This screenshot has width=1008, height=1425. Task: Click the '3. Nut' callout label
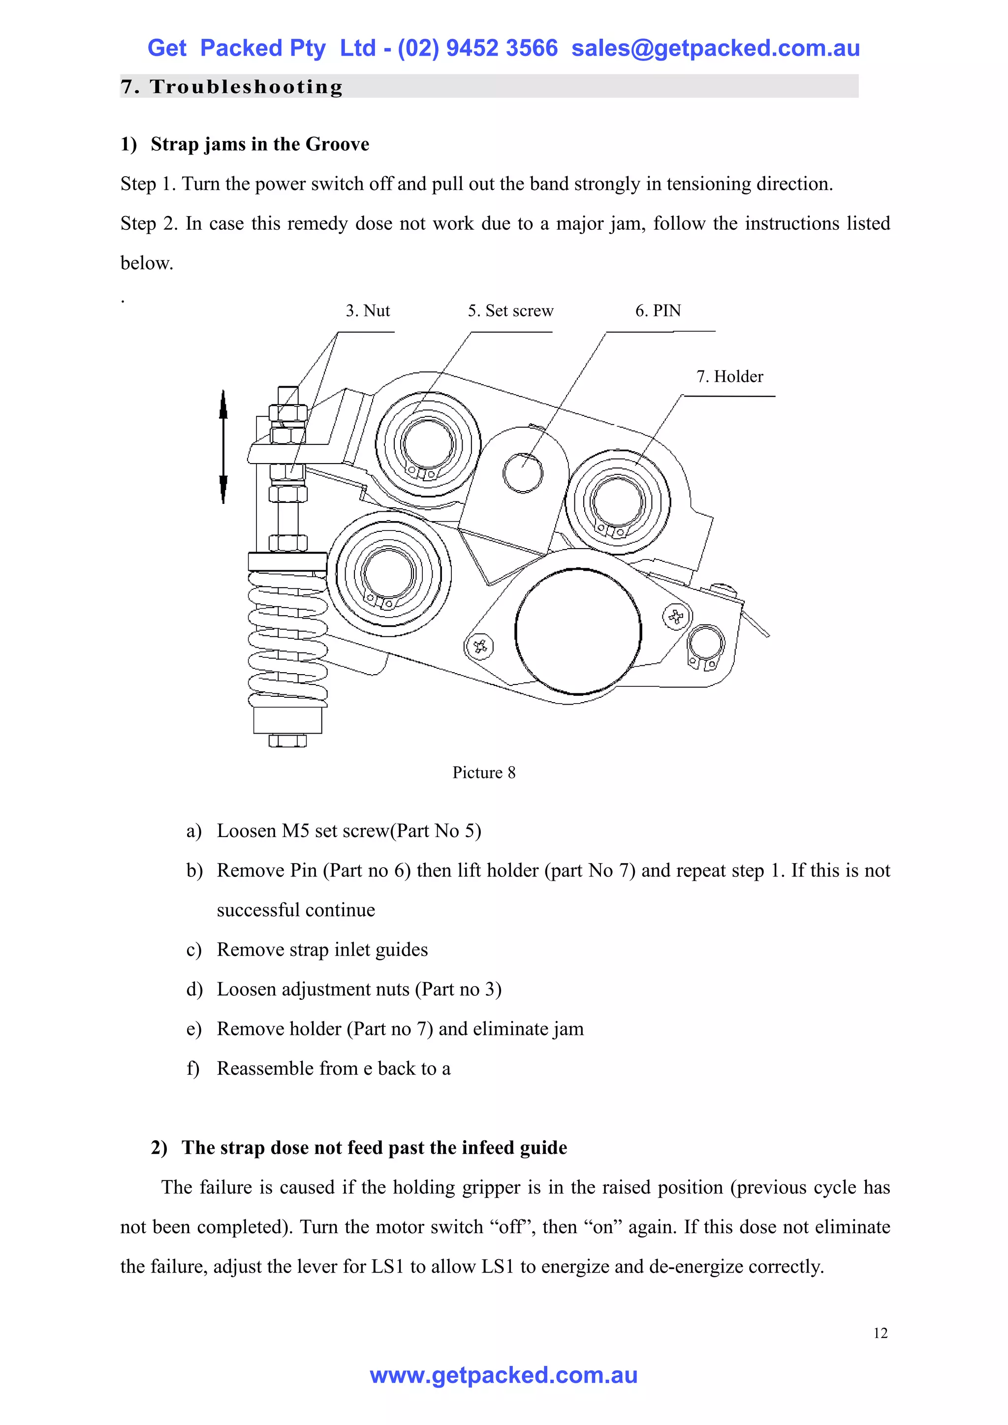(x=368, y=311)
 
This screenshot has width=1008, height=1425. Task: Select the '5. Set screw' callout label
(x=510, y=311)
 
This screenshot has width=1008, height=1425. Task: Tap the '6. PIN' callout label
(x=658, y=311)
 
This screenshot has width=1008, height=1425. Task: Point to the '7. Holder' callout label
(x=729, y=377)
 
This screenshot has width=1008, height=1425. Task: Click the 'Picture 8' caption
(x=483, y=773)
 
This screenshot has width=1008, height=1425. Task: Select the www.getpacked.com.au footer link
(x=504, y=1375)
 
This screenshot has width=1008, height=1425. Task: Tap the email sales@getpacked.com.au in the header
(x=715, y=48)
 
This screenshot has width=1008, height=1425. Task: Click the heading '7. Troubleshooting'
(x=231, y=87)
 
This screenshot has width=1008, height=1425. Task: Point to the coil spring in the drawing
(x=287, y=639)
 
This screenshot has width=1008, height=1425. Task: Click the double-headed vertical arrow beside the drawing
(x=223, y=447)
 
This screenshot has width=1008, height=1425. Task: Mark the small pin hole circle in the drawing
(x=523, y=473)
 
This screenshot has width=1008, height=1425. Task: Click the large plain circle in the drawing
(x=578, y=631)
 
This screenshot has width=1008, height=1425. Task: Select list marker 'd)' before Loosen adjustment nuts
(x=194, y=990)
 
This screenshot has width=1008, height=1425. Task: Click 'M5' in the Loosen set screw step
(x=295, y=831)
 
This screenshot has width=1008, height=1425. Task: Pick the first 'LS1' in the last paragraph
(x=388, y=1267)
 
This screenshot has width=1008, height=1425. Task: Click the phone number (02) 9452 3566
(x=477, y=48)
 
